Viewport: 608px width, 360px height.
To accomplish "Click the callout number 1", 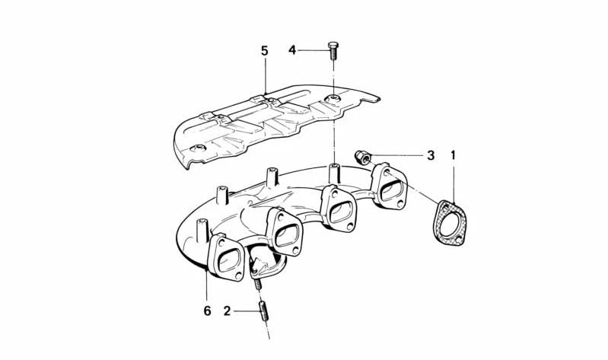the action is [x=453, y=155].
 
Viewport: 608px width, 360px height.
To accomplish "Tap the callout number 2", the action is [x=227, y=311].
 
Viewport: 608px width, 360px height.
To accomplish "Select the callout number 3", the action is [x=431, y=155].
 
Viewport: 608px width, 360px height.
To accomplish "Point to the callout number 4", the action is [x=292, y=50].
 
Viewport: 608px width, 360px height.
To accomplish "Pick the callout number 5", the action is [x=265, y=51].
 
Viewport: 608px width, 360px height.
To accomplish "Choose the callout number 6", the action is [x=207, y=311].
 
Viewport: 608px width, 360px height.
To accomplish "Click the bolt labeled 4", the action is [x=333, y=50].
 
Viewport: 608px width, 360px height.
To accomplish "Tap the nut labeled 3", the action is [x=361, y=157].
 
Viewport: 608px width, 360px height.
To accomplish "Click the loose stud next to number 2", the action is [x=264, y=311].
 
